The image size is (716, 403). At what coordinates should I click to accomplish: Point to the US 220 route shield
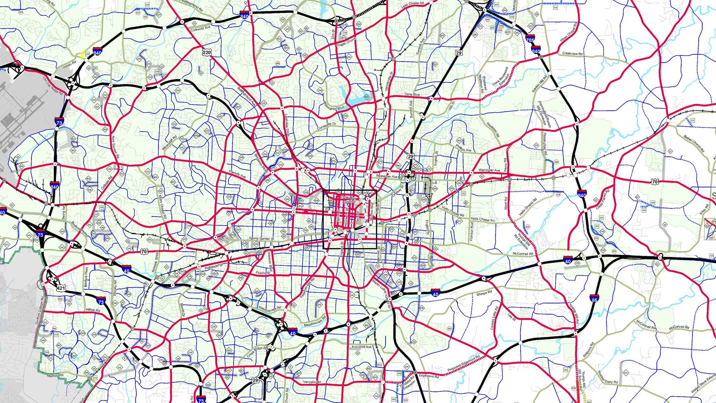coord(207,52)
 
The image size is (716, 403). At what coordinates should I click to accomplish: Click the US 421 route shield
coord(61,288)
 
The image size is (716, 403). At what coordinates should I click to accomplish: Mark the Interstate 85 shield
coord(594,299)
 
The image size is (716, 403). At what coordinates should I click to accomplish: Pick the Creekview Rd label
coord(572,54)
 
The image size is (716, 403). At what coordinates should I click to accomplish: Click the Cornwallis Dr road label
coord(326,126)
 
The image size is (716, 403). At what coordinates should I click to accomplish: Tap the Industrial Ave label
coord(361,347)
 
